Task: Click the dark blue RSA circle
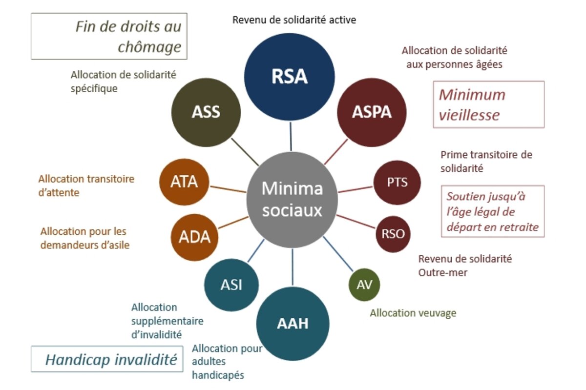(289, 76)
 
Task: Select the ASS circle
(206, 112)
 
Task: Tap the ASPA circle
(372, 112)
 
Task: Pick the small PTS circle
(397, 183)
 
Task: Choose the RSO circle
(393, 234)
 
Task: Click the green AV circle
(364, 284)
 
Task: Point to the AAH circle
(293, 323)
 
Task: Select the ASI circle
(231, 285)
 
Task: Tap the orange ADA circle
(194, 237)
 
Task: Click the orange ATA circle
(184, 182)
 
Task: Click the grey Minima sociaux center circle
(292, 199)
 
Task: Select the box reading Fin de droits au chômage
(109, 36)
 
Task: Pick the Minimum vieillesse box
(488, 104)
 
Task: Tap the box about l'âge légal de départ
(492, 211)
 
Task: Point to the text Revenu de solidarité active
(294, 20)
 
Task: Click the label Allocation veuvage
(413, 313)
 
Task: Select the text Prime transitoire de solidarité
(486, 161)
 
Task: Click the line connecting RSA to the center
(291, 136)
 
